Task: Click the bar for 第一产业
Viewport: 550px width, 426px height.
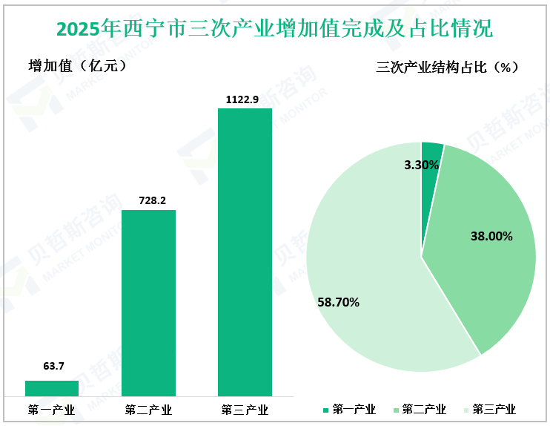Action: click(x=52, y=388)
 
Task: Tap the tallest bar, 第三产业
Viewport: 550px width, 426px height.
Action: click(x=245, y=252)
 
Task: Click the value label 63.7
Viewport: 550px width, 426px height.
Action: click(x=52, y=366)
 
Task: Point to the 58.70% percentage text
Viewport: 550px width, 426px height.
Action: click(x=338, y=302)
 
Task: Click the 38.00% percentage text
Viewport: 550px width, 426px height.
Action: click(x=491, y=236)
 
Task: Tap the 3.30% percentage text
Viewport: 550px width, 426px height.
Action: click(x=422, y=166)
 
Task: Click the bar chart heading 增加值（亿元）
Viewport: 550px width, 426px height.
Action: click(x=77, y=65)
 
